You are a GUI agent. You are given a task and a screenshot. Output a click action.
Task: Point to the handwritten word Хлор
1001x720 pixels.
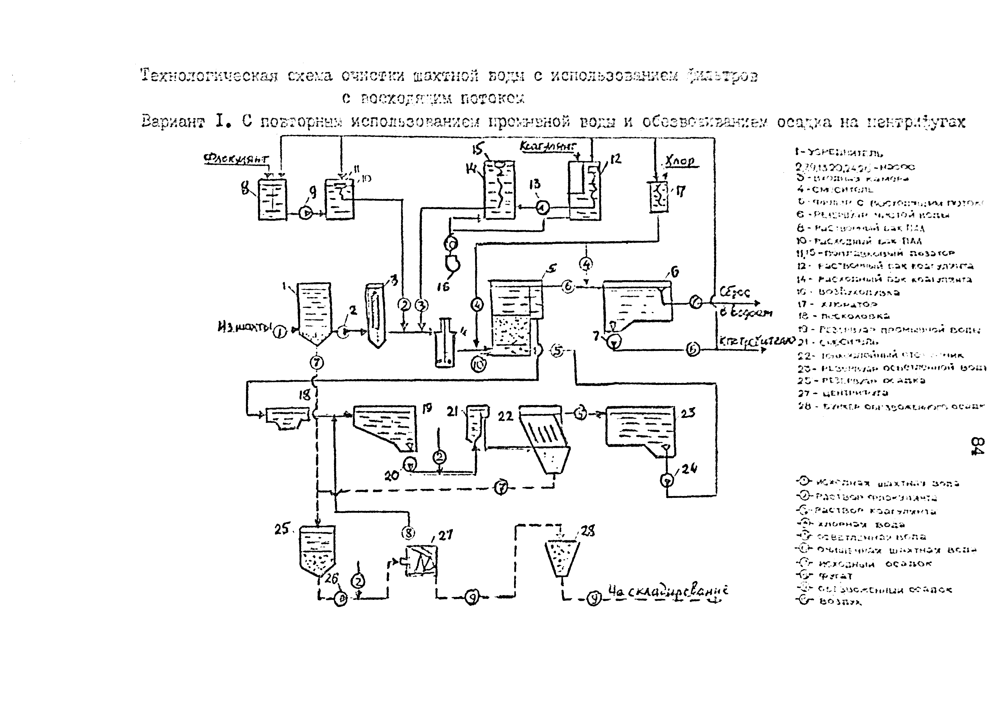pos(681,161)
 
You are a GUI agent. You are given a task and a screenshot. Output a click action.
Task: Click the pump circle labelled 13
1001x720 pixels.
pos(543,206)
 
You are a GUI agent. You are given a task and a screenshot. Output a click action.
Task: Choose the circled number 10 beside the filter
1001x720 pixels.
pos(479,364)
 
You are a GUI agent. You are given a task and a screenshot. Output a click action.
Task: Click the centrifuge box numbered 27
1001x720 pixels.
pos(422,561)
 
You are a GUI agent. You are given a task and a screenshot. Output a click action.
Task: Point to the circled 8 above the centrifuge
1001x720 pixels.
pos(409,533)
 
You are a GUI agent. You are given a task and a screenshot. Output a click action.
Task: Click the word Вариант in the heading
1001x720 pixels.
pos(173,122)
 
